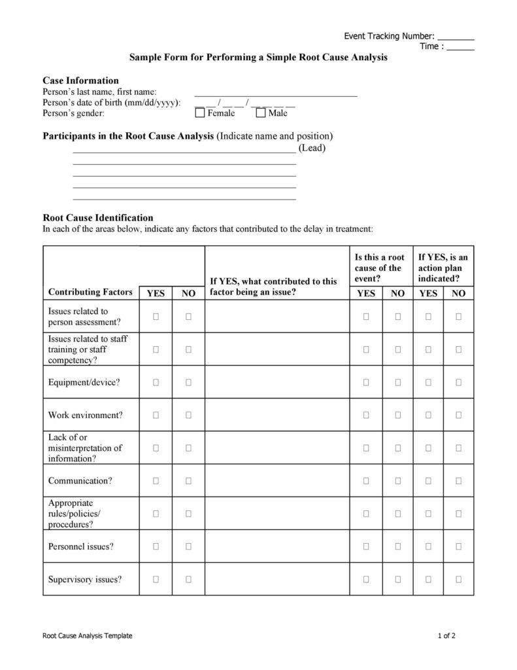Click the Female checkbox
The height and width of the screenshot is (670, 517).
tap(200, 113)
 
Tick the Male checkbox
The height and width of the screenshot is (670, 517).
tap(261, 113)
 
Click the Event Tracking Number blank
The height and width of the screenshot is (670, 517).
tap(456, 37)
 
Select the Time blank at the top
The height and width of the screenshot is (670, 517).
tap(461, 47)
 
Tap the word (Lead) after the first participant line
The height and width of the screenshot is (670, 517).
tap(312, 148)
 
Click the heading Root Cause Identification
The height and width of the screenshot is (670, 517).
tap(98, 218)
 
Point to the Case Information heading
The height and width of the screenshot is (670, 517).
tap(80, 80)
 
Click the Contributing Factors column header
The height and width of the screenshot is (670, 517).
tap(90, 292)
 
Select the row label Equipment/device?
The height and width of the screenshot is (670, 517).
tap(84, 382)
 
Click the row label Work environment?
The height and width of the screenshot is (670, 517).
tap(85, 415)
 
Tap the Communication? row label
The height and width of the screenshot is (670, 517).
tap(80, 481)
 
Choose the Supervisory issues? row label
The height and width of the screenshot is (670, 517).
tap(85, 579)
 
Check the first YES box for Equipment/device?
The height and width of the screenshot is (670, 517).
tap(156, 382)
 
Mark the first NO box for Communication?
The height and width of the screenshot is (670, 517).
tap(188, 481)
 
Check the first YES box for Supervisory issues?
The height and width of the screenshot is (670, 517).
tap(156, 579)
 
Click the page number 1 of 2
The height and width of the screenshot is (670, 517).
tap(446, 635)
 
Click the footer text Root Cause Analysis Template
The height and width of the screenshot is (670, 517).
tap(87, 635)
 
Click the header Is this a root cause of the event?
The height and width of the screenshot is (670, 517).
tap(378, 268)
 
